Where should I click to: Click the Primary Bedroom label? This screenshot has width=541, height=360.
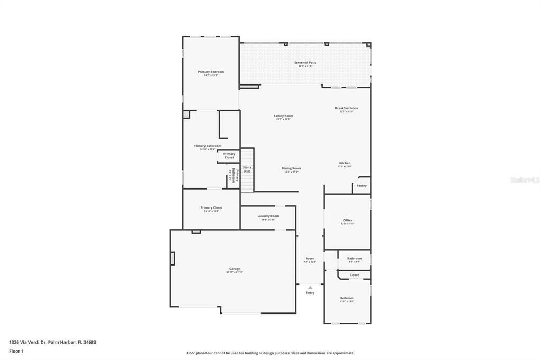click(211, 72)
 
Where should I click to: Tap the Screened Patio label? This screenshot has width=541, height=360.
click(305, 63)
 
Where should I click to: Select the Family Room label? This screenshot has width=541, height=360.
click(283, 116)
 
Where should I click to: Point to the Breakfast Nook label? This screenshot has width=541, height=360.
click(347, 108)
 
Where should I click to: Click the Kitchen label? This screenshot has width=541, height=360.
click(344, 163)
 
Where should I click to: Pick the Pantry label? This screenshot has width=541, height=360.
click(361, 186)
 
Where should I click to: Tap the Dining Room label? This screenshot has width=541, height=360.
click(291, 168)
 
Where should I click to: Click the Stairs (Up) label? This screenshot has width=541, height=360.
click(247, 169)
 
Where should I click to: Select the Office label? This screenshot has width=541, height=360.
click(348, 220)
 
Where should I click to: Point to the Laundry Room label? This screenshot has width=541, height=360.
click(268, 216)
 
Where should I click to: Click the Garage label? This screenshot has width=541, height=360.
click(235, 269)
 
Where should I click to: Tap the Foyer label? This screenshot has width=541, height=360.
click(310, 259)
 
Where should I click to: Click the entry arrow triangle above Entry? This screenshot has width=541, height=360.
click(310, 288)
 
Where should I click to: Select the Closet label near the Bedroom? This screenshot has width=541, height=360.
click(354, 275)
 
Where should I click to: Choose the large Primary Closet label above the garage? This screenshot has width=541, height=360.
click(211, 207)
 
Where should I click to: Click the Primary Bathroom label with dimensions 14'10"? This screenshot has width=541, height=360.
click(208, 146)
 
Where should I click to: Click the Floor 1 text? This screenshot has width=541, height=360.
click(16, 351)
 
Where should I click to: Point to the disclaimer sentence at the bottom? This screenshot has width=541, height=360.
click(270, 353)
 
